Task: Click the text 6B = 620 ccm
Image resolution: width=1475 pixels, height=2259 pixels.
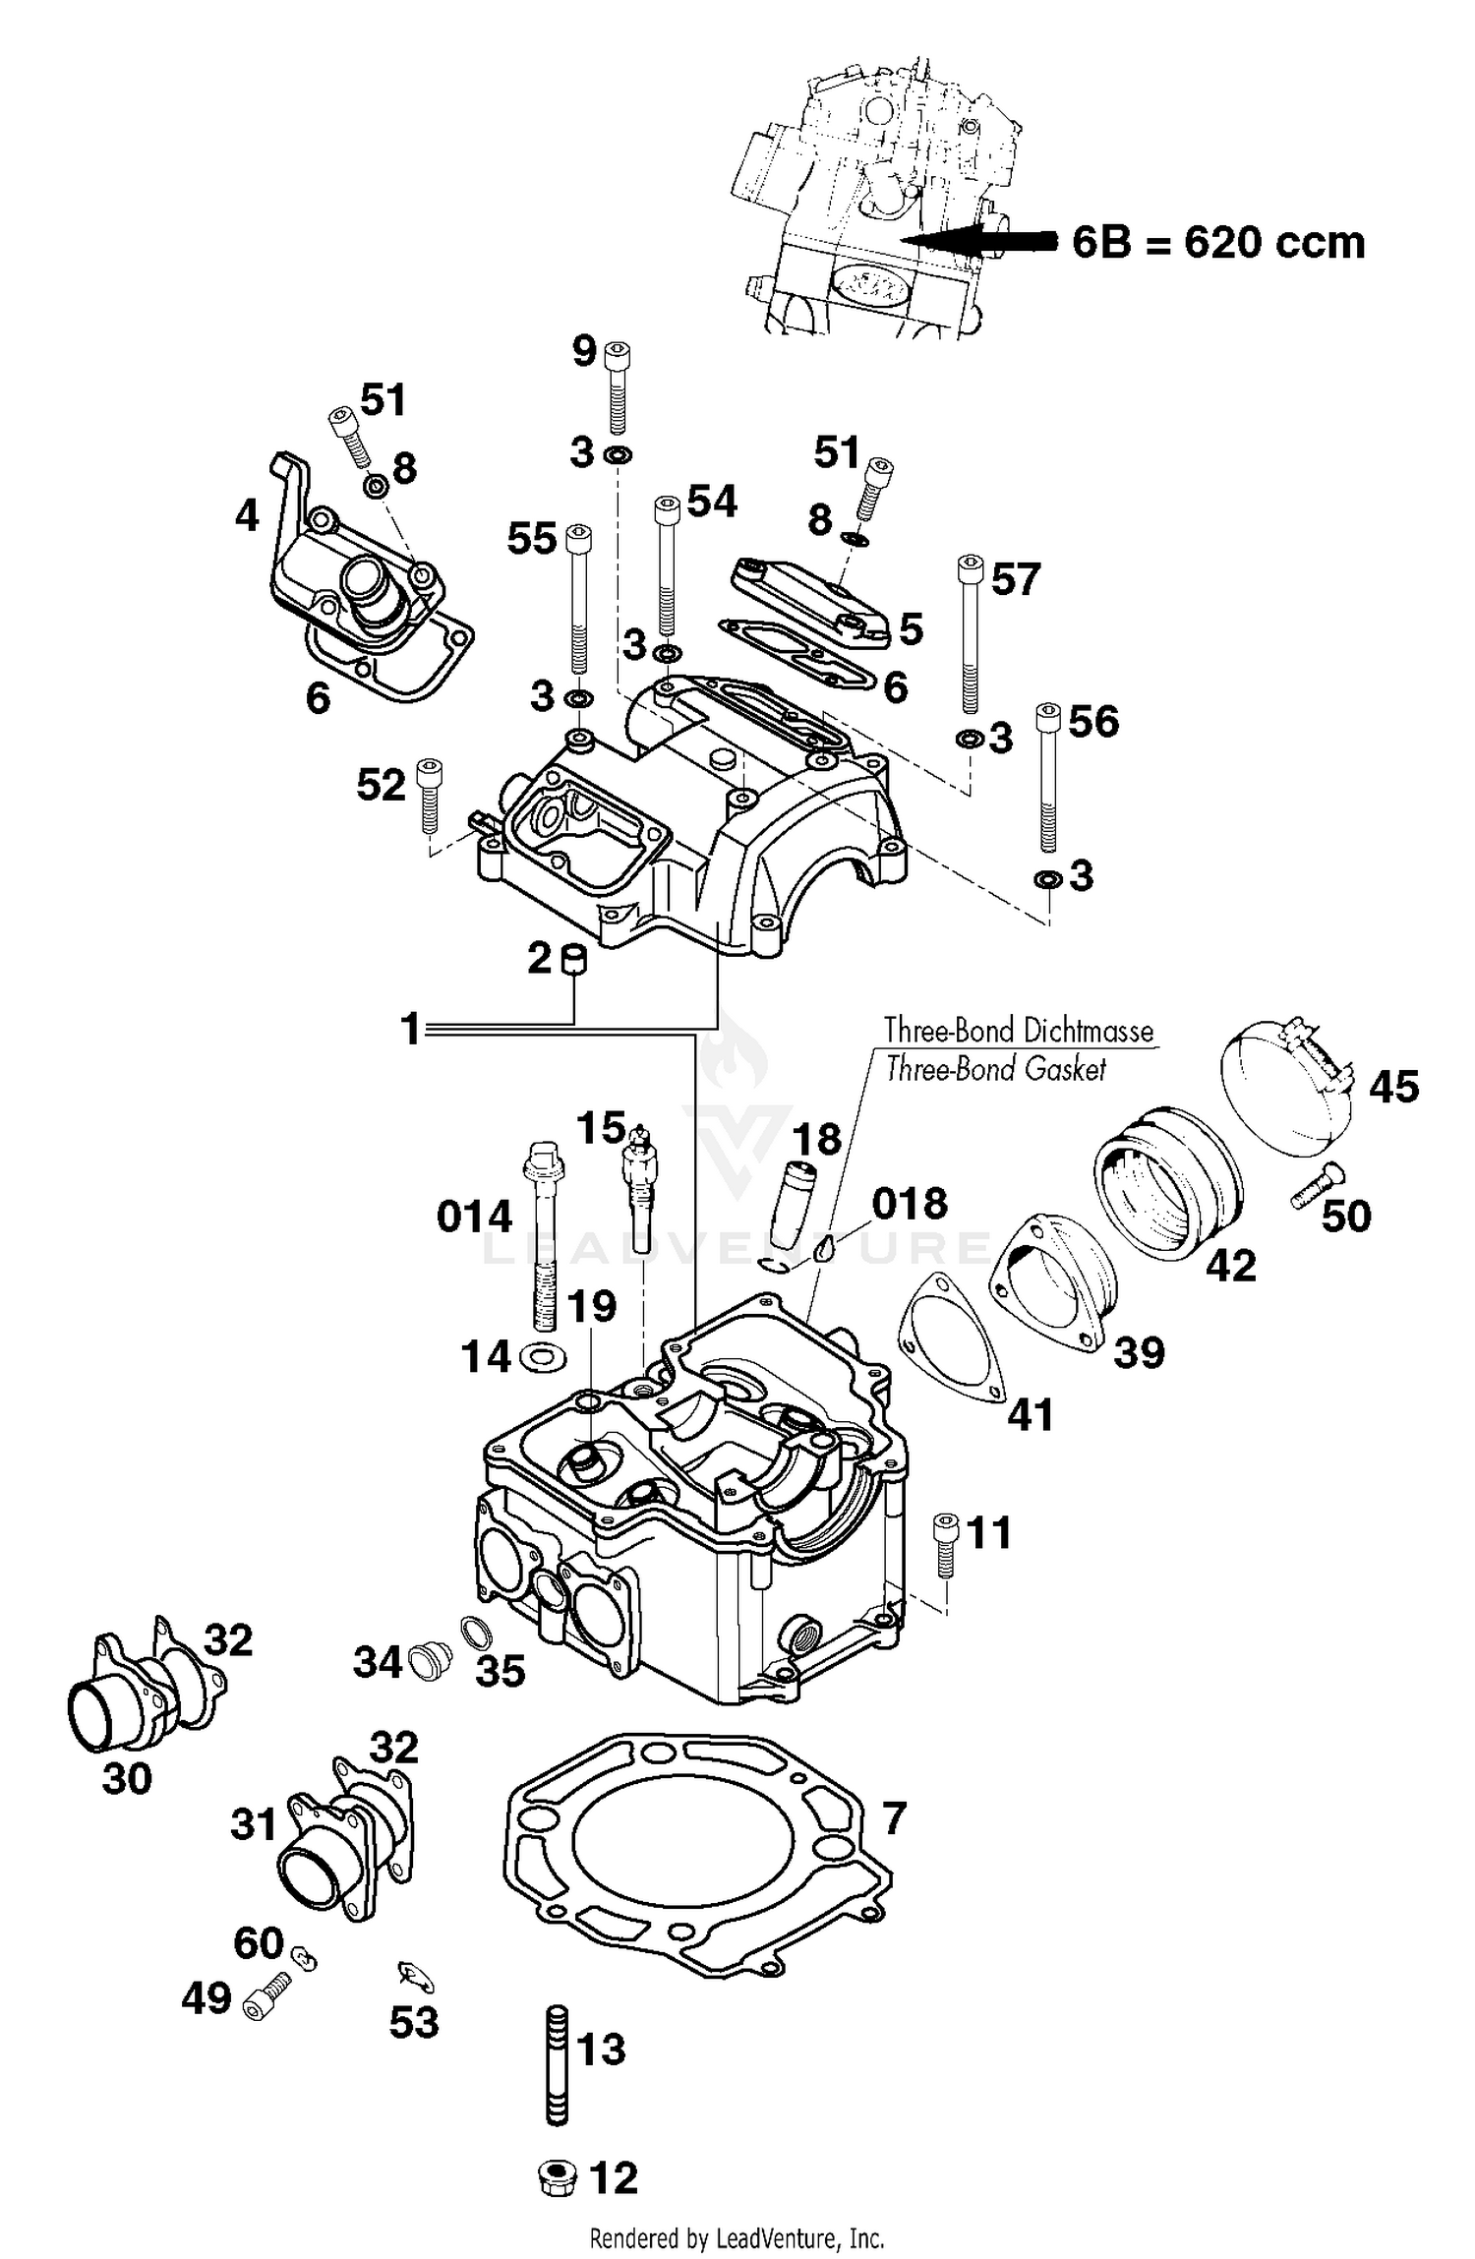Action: (x=1217, y=242)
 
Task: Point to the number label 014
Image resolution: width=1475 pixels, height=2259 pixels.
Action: (x=474, y=1218)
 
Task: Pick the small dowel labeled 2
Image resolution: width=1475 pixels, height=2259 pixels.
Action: (x=573, y=957)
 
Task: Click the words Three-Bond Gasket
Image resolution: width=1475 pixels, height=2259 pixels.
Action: (x=995, y=1068)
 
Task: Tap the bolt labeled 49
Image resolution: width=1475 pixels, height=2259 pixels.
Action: (x=265, y=1998)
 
